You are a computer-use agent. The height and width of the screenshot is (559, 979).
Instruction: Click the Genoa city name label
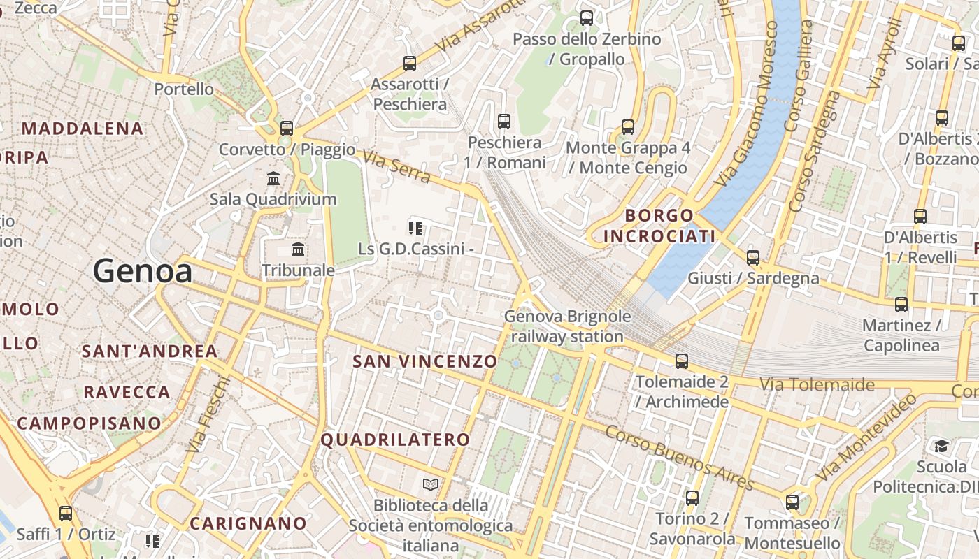(x=143, y=271)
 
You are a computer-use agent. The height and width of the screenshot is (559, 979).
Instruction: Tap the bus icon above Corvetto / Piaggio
(x=286, y=129)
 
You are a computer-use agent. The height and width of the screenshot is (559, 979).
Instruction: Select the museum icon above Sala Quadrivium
(x=273, y=179)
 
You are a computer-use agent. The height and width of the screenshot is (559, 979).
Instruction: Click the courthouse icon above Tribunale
(x=298, y=249)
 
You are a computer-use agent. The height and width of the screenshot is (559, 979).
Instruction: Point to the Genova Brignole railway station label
(x=567, y=326)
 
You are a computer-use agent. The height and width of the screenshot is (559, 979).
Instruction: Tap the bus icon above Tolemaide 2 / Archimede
(x=681, y=361)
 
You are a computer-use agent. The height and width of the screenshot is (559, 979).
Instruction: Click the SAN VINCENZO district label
(x=424, y=361)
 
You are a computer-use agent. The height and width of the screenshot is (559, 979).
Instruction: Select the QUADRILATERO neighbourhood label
(x=395, y=440)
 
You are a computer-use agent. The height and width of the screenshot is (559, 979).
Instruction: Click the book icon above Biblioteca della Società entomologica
(x=431, y=484)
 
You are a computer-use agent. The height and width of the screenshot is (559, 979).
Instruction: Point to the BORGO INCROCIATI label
(x=659, y=226)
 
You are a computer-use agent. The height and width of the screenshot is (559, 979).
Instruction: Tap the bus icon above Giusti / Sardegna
(x=752, y=258)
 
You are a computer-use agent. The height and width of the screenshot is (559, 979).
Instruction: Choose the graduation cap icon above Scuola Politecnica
(x=941, y=446)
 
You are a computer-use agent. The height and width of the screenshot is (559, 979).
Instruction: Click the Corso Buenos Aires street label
(x=679, y=458)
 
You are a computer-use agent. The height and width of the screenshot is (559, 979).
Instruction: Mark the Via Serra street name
(x=397, y=168)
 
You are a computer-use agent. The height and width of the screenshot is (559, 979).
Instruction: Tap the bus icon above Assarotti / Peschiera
(x=410, y=64)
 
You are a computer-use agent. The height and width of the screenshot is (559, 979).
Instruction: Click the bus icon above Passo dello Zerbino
(x=587, y=18)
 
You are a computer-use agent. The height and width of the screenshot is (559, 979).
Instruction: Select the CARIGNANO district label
(x=248, y=523)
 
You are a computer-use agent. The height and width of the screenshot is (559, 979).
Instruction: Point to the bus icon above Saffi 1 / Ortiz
(x=66, y=514)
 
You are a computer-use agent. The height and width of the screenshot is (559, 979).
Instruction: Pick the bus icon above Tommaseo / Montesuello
(x=792, y=502)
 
